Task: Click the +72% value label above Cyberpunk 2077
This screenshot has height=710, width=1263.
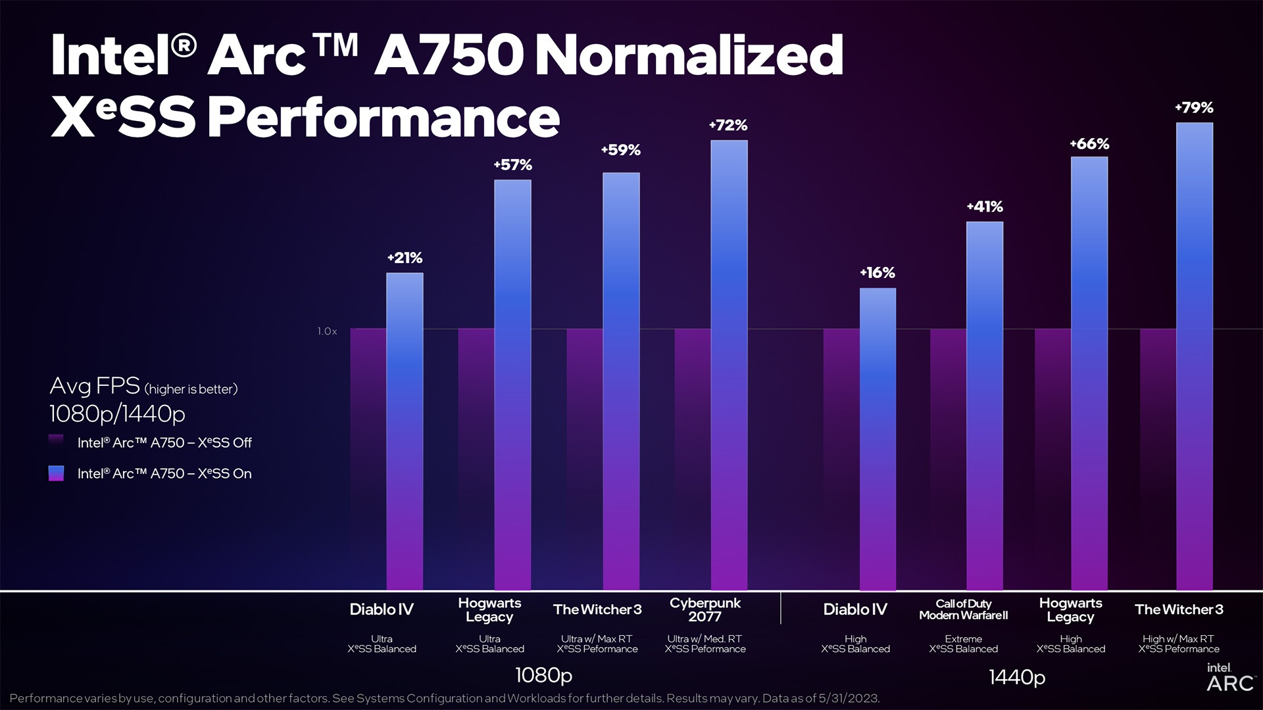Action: (728, 125)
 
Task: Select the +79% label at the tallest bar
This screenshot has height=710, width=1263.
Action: (1194, 107)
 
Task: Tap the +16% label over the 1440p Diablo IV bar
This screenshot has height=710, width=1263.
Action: (878, 272)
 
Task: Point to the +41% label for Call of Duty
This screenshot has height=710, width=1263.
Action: (985, 206)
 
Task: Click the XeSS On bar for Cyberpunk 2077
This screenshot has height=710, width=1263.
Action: (729, 365)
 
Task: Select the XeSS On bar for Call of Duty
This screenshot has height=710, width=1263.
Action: (985, 406)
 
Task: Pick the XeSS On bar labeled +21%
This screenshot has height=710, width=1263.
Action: (405, 431)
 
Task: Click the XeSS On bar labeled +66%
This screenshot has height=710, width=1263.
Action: (1089, 373)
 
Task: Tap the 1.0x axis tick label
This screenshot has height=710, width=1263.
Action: (327, 331)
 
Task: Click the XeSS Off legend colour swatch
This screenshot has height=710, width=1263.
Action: (56, 442)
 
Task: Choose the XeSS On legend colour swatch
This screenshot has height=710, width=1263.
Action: (56, 473)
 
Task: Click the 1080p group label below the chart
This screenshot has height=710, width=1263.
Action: (543, 675)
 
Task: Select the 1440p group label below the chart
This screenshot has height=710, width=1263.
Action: (1017, 677)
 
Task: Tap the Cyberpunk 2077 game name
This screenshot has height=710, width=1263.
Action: (705, 609)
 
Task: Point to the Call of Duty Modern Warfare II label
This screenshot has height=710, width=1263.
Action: (963, 609)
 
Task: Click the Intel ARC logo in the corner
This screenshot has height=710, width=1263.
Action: (1229, 678)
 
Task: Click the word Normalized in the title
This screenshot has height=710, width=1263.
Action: (689, 55)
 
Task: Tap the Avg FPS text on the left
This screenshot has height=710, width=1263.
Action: (95, 386)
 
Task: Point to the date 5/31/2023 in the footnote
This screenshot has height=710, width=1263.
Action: (849, 698)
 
